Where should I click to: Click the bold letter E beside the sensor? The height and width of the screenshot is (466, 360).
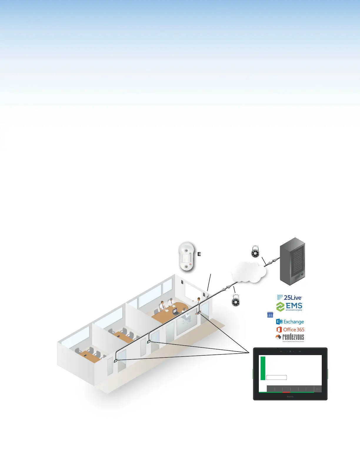point(199,254)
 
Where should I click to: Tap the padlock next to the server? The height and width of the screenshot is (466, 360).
point(255,252)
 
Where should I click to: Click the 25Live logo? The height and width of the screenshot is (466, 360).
point(289,298)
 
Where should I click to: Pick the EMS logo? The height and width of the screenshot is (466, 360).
point(289,307)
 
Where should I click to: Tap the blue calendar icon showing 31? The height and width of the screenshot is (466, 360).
point(270,315)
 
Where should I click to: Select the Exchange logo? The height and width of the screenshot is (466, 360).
point(290,322)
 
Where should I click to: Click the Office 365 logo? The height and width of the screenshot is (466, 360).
point(291,330)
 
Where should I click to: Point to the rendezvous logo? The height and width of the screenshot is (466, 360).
point(290,337)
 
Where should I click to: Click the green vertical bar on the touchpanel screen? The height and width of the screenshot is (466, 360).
point(263,368)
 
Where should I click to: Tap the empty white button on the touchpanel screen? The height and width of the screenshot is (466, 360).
point(276,378)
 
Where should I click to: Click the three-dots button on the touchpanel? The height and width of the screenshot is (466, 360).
point(318,389)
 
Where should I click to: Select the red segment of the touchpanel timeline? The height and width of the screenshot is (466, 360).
point(286,392)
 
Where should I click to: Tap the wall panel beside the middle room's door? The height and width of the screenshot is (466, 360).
point(149,342)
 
